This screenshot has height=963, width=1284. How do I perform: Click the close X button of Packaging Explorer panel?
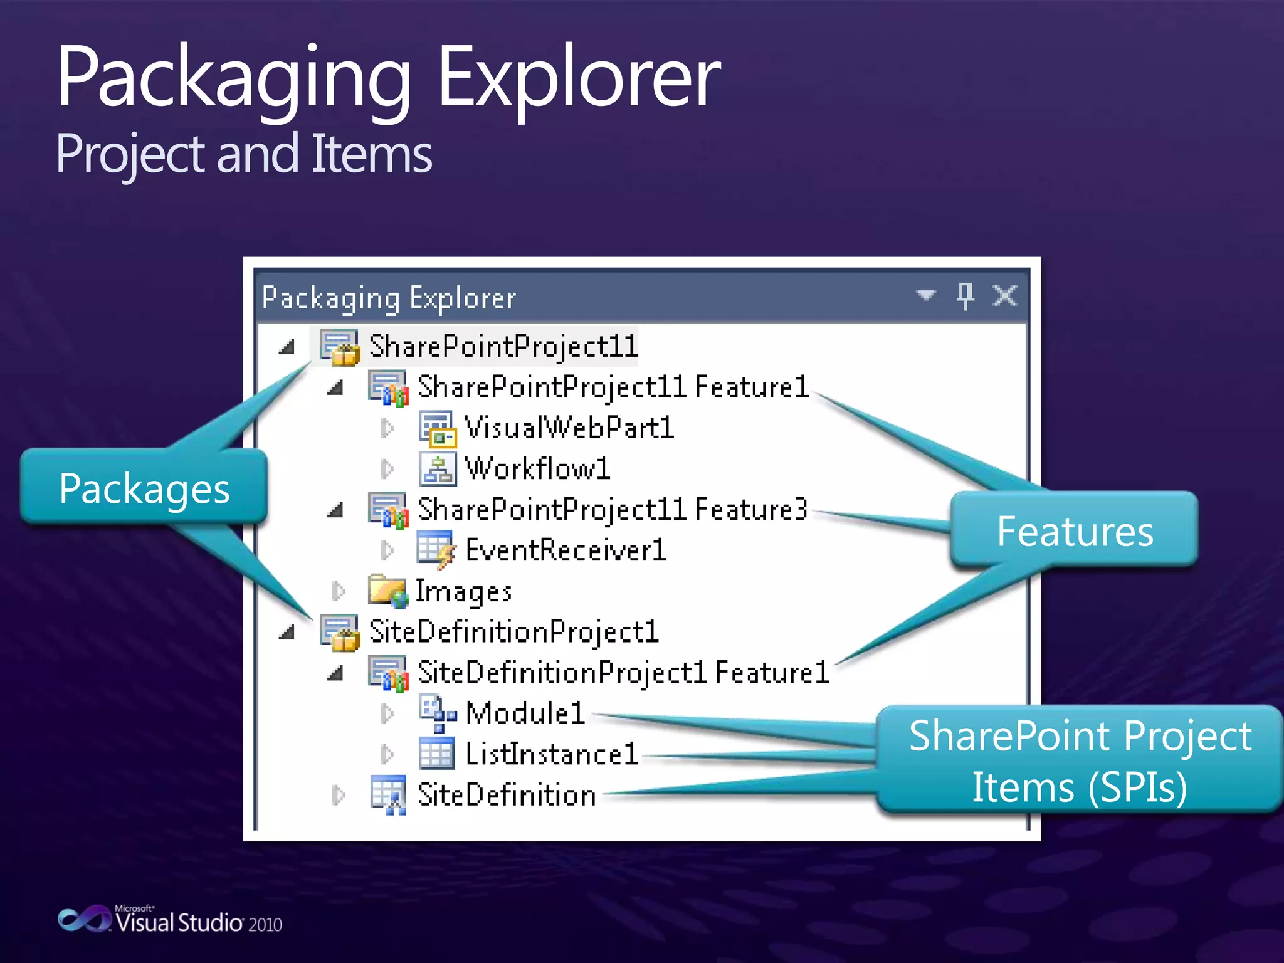(x=1004, y=295)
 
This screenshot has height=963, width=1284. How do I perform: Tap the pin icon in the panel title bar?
(x=965, y=295)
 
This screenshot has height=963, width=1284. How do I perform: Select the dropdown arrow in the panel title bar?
(x=925, y=295)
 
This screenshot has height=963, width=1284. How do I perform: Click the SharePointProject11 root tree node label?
(x=503, y=347)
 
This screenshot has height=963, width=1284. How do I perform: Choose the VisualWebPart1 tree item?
(x=568, y=428)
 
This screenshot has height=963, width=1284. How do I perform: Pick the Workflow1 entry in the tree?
(x=537, y=469)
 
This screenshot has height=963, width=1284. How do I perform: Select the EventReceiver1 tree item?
(x=565, y=550)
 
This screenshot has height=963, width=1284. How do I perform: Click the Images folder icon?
(x=387, y=591)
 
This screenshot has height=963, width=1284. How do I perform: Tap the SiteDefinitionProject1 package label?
(x=513, y=632)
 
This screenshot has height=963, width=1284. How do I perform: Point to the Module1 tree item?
(x=525, y=713)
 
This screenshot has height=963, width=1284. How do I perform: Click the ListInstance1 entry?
(x=551, y=754)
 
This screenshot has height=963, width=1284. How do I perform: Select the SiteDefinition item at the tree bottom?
(x=506, y=795)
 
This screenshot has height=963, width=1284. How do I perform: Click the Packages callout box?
(x=145, y=488)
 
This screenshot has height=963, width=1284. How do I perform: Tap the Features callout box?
(x=1075, y=530)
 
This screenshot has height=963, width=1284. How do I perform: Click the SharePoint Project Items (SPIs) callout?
(x=1079, y=760)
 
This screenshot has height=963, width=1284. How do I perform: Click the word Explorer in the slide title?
(x=578, y=78)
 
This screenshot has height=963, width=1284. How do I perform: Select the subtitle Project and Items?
(x=244, y=154)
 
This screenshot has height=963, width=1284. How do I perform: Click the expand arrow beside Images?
(x=339, y=591)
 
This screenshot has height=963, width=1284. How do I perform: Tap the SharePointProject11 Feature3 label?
(x=612, y=510)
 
